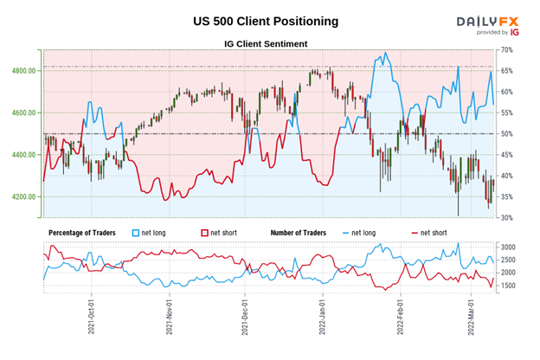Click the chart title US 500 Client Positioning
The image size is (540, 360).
(x=260, y=20)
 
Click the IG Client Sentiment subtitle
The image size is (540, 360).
(x=259, y=43)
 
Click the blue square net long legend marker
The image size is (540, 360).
(x=133, y=234)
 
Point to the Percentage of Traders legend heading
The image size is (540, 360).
(x=85, y=234)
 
